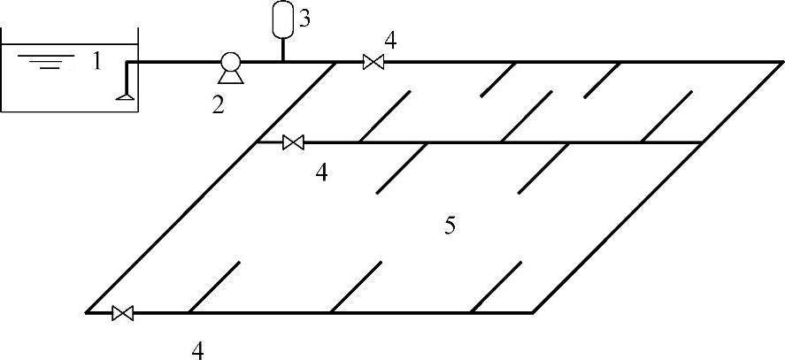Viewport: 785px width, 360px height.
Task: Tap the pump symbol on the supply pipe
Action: [230, 64]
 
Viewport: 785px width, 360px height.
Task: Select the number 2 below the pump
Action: [218, 105]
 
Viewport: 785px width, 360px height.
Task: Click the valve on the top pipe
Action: [373, 62]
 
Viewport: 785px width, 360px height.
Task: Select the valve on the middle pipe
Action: [293, 142]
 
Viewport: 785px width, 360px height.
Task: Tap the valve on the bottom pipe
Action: [123, 313]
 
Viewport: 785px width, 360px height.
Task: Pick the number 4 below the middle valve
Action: [322, 172]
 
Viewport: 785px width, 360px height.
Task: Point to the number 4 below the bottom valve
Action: [198, 349]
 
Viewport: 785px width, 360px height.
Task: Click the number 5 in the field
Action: [450, 226]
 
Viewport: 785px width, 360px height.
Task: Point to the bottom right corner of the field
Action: [531, 313]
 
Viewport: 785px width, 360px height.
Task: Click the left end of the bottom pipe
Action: [87, 313]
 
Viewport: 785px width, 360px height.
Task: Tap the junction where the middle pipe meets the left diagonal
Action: [257, 142]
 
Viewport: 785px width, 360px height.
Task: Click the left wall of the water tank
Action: [2, 80]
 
